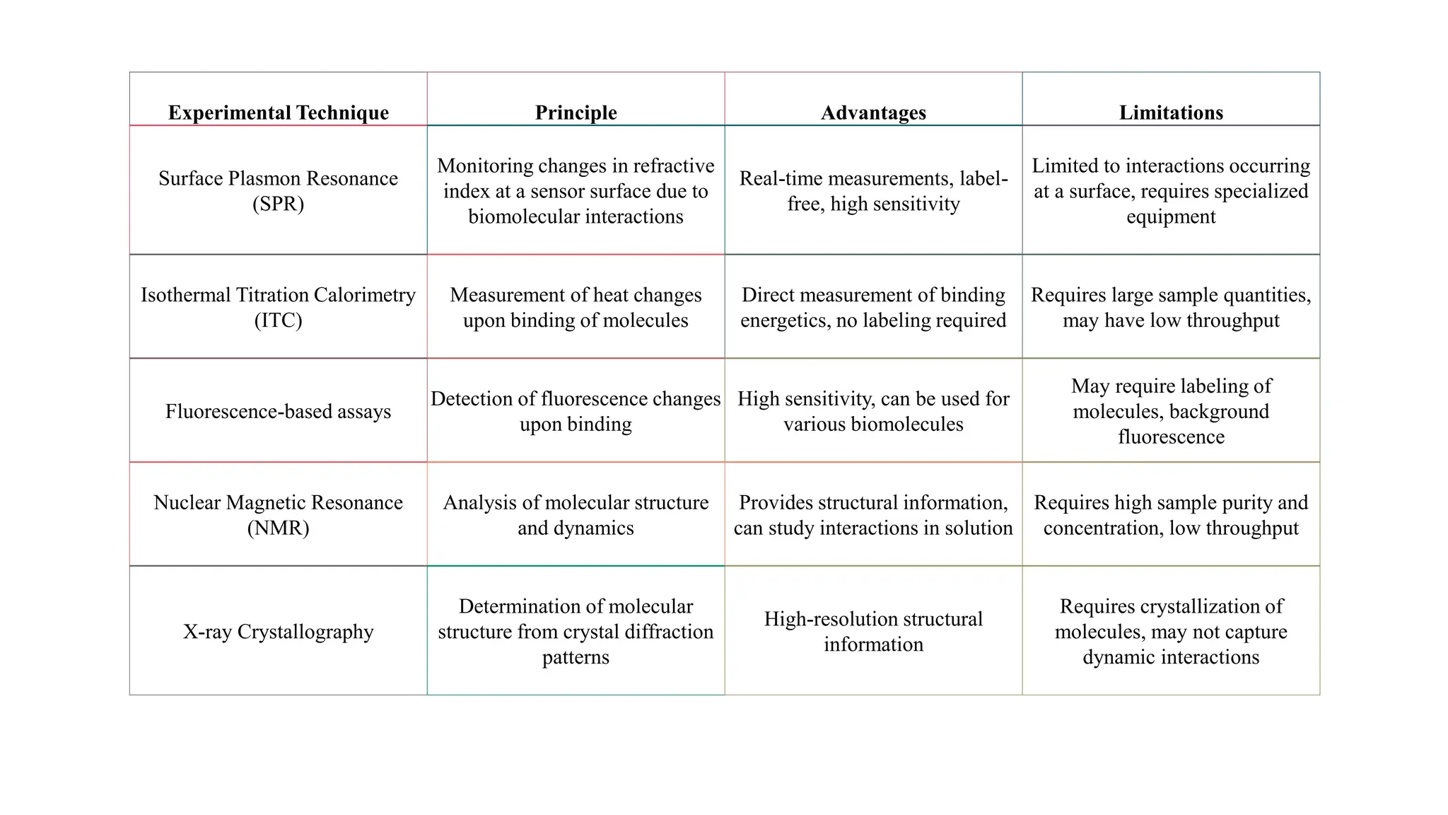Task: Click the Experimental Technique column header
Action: [x=278, y=112]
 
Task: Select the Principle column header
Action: [x=576, y=112]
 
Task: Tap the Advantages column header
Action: [x=873, y=112]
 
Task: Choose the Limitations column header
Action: [x=1171, y=112]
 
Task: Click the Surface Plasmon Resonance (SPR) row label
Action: [x=278, y=191]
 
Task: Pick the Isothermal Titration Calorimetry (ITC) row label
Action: [x=278, y=307]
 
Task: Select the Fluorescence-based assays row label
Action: [x=278, y=411]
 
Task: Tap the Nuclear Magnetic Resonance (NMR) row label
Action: [x=278, y=515]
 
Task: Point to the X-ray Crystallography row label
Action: [x=278, y=631]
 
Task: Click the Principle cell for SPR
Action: [x=576, y=191]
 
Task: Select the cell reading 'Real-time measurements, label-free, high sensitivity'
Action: [x=873, y=191]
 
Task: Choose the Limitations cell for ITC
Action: [x=1171, y=307]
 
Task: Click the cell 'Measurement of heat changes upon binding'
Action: [x=576, y=307]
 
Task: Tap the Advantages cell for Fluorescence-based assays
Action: [x=873, y=411]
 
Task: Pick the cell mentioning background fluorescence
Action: [x=1171, y=411]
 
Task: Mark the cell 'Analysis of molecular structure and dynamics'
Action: [x=576, y=515]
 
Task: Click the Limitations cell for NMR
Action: [x=1171, y=515]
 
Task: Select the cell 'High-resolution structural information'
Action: [x=873, y=631]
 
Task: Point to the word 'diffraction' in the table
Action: [x=665, y=631]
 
